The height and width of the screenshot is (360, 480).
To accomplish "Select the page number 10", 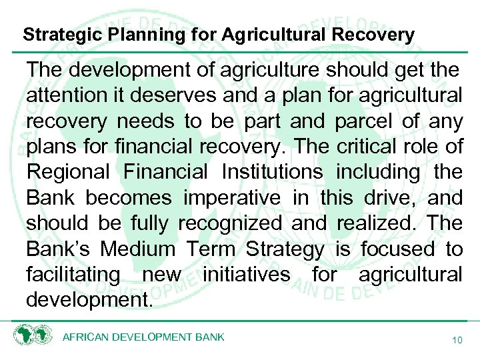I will click(x=457, y=340).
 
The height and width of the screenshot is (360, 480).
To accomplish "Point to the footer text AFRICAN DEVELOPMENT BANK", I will click(x=143, y=337).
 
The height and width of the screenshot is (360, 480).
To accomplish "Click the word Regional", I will click(x=68, y=172).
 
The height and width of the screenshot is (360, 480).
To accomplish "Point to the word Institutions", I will click(x=273, y=172).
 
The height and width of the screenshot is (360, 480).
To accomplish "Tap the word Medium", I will click(x=138, y=249).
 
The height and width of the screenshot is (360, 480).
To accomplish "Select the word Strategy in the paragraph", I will click(x=285, y=249).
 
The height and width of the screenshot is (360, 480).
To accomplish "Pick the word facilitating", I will click(x=73, y=274).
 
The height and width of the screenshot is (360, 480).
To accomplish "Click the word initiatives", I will click(x=247, y=274).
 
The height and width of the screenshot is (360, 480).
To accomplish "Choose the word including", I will click(x=378, y=172).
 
